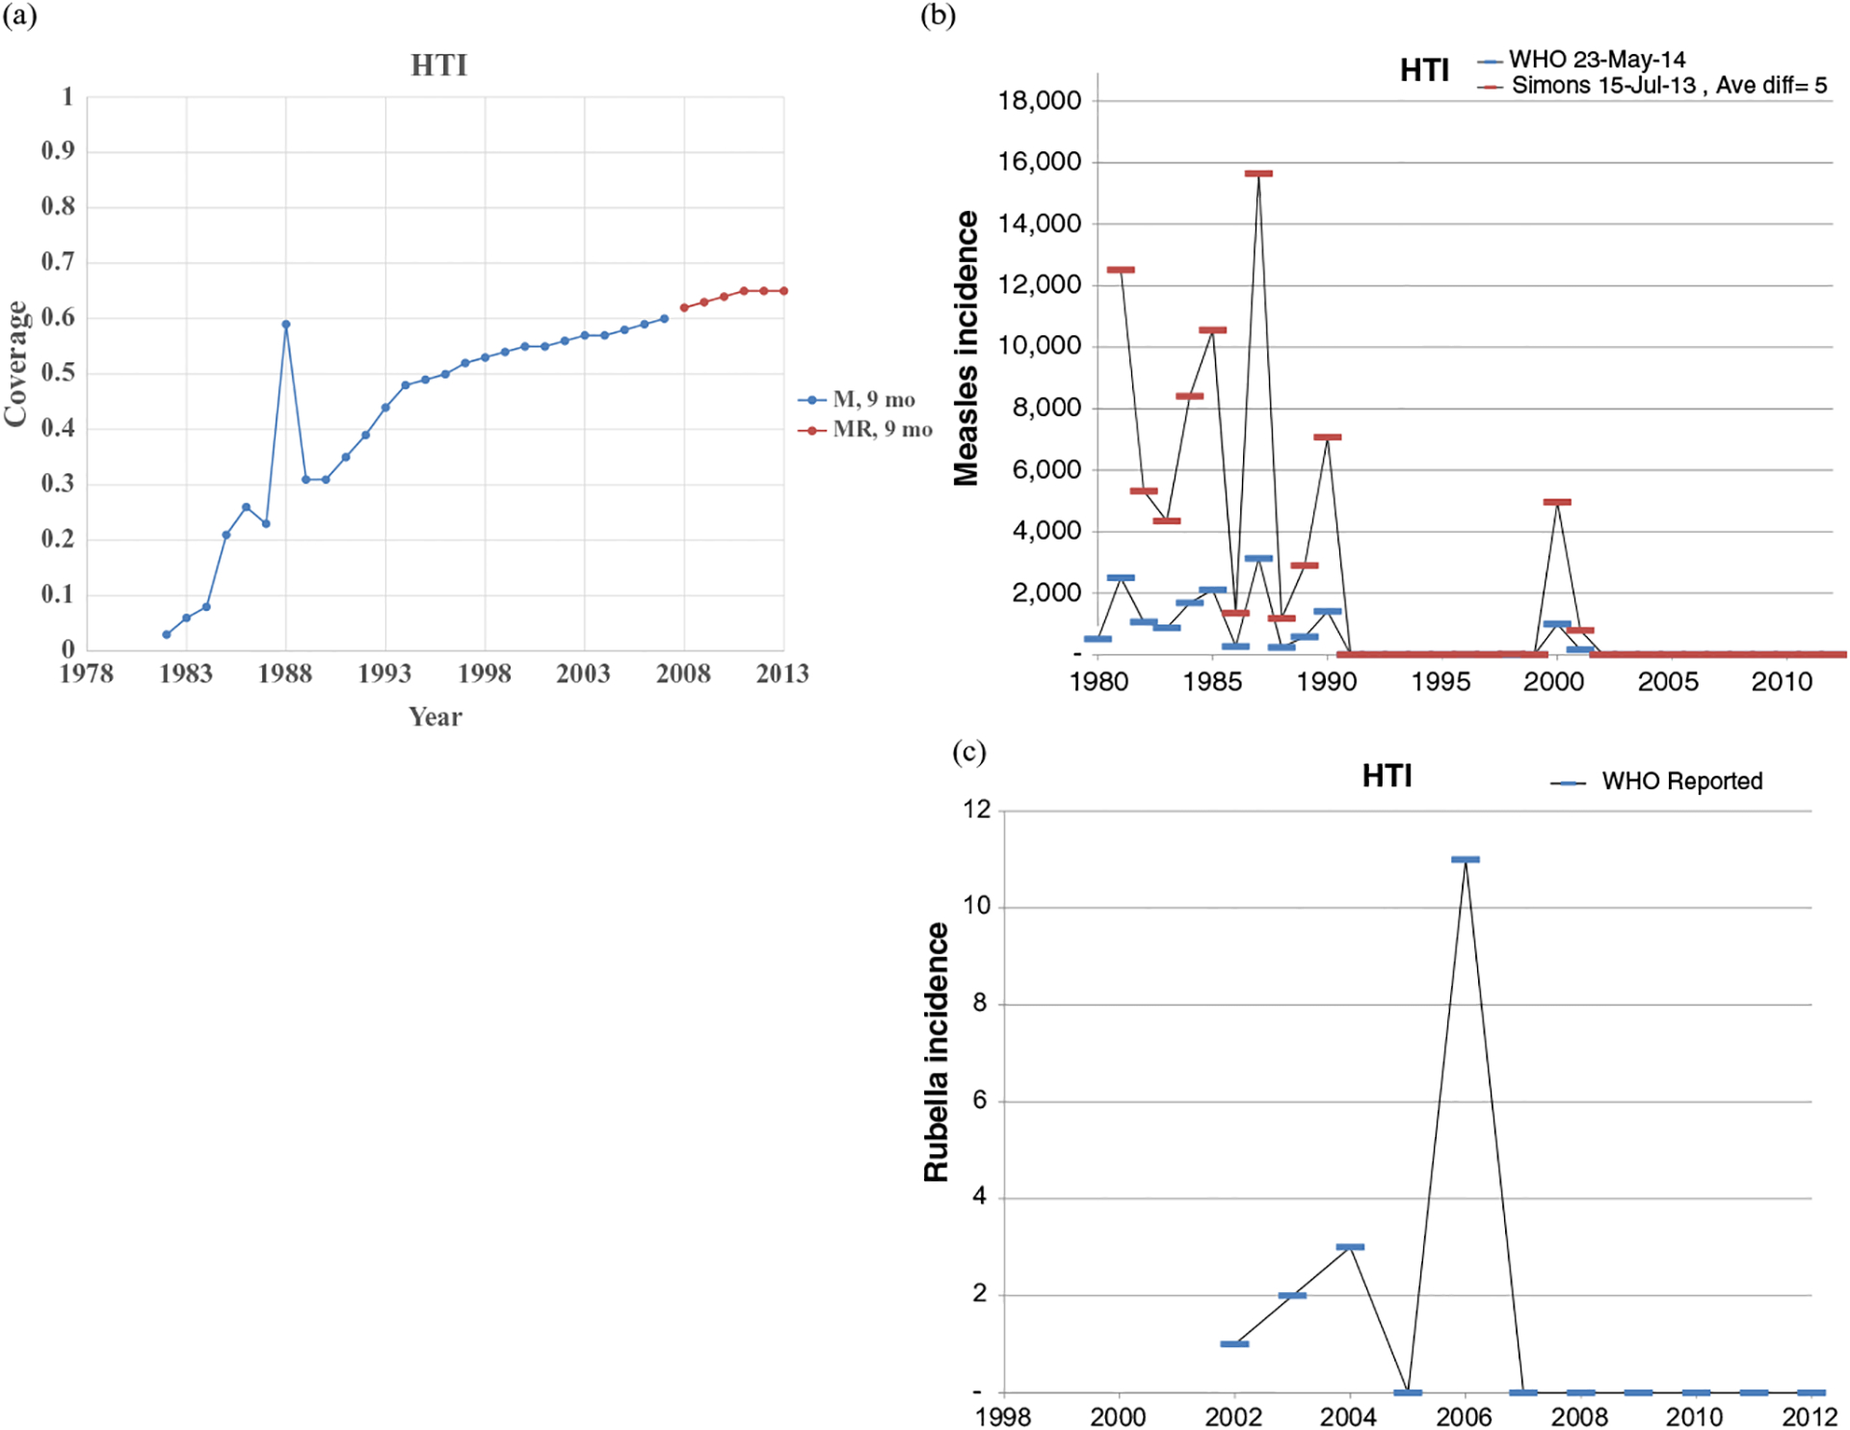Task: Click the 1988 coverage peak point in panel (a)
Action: (x=286, y=325)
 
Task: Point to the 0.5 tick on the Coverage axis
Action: (x=58, y=373)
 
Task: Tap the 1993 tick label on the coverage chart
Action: (x=384, y=674)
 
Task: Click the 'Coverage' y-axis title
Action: (x=15, y=363)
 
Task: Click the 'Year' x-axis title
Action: (x=436, y=717)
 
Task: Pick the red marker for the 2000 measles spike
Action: (x=1557, y=502)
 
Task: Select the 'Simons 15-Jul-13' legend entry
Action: (x=1603, y=86)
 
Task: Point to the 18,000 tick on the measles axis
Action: (x=1040, y=100)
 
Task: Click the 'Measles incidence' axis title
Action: (x=966, y=349)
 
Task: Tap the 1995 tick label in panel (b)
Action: (x=1440, y=682)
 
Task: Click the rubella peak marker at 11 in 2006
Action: (x=1465, y=860)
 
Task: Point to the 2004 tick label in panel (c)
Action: (x=1349, y=1417)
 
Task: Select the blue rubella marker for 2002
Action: (x=1234, y=1343)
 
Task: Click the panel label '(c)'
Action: (x=968, y=752)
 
